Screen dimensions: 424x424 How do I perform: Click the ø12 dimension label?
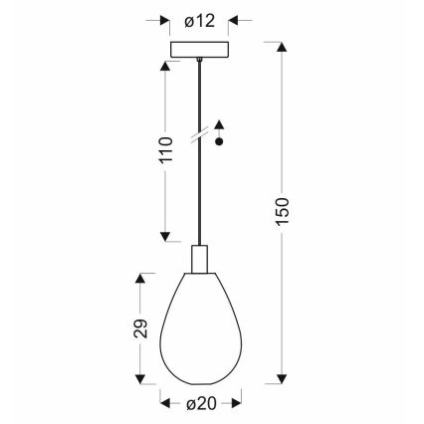click(200, 20)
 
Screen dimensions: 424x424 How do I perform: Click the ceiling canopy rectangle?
click(200, 49)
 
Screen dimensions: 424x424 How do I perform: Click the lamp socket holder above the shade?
click(200, 259)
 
